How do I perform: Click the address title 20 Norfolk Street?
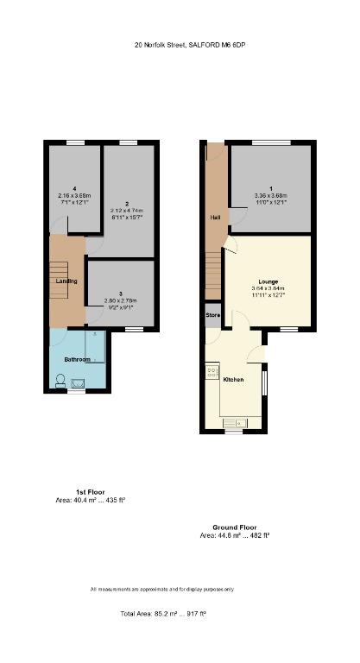pos(195,44)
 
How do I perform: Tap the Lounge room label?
pos(268,281)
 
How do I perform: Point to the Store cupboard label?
pos(213,315)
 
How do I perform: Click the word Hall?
pos(213,218)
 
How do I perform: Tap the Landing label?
pos(66,281)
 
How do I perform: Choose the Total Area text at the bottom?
pos(163,613)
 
